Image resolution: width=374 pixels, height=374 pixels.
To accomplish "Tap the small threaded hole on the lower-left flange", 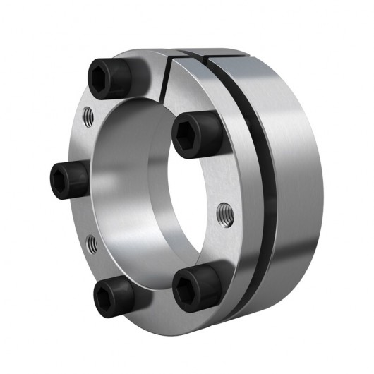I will pyautogui.click(x=90, y=243).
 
